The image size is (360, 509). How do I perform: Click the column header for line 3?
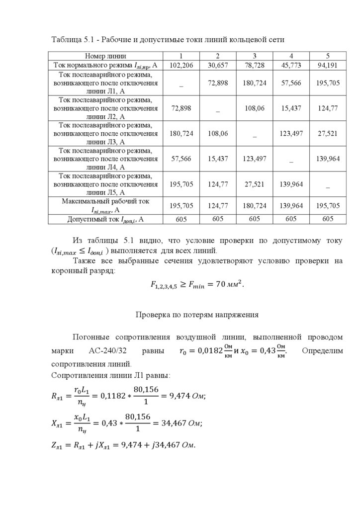coord(254,56)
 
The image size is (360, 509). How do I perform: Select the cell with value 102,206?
coord(181,65)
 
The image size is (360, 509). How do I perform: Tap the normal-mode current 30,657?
coord(218,65)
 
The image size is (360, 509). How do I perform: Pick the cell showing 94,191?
coord(328,65)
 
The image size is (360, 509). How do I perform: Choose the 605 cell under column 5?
coord(328,219)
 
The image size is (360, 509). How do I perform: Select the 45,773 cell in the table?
coord(291,65)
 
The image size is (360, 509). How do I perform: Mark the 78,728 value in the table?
coord(254,65)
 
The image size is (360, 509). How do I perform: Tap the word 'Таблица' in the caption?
coord(67,39)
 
